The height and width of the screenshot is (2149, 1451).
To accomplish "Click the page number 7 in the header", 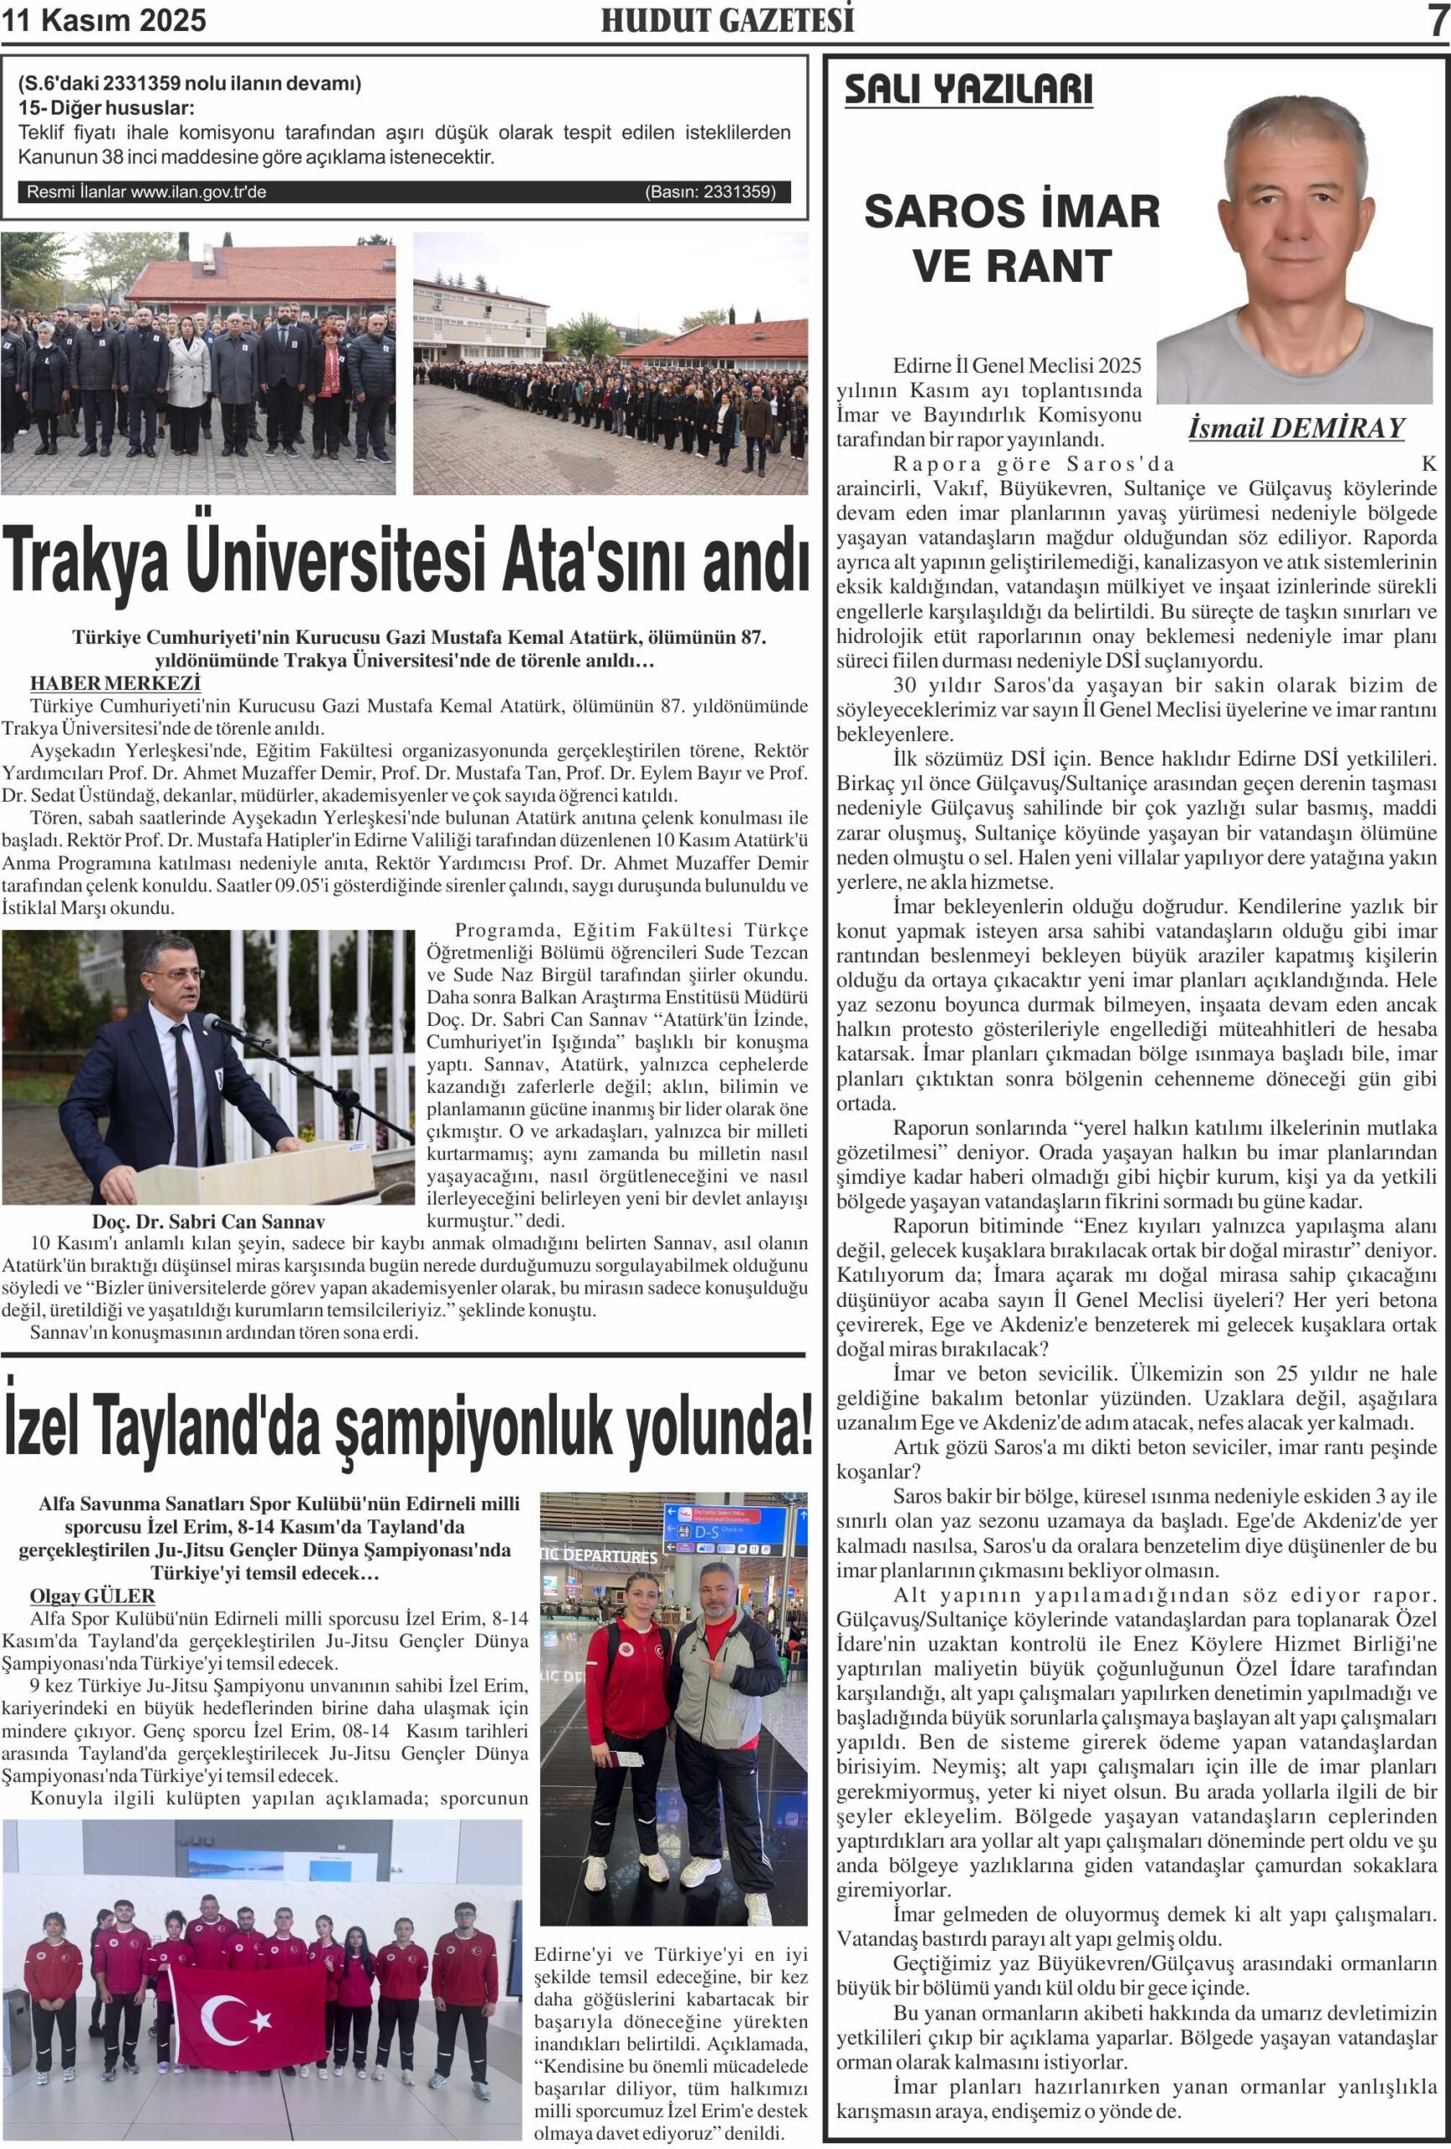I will pos(1436,20).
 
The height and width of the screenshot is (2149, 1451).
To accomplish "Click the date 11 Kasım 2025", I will pos(103,20).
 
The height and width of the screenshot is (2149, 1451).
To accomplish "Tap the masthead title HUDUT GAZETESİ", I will pos(727,20).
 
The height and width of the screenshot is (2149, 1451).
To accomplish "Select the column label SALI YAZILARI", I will pos(968,90).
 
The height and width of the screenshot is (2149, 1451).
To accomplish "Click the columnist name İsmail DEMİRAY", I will pos(1296,428).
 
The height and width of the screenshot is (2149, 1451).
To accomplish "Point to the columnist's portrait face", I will pos(1296,208).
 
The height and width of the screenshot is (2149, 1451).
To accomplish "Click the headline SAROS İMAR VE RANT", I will pos(1012,238).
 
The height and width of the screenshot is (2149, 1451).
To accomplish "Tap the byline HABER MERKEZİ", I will pos(115,683).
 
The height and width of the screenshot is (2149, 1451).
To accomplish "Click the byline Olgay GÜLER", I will pos(92,1596).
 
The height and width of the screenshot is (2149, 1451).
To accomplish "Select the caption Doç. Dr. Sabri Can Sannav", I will pos(208,1221).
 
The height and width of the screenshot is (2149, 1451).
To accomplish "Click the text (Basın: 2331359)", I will pos(710,192).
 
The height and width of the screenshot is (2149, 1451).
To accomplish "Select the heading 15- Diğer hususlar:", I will pos(107,107).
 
